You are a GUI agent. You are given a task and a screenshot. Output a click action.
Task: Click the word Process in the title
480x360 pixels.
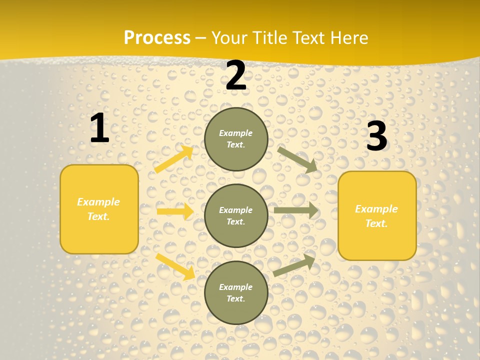(157, 38)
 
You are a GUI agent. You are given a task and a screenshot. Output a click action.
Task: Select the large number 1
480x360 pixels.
(99, 128)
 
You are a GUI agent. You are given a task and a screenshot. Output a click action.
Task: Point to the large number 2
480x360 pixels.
(236, 75)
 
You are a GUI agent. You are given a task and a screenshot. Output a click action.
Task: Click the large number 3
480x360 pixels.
(376, 136)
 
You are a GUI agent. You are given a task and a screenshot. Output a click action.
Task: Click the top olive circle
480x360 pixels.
(236, 139)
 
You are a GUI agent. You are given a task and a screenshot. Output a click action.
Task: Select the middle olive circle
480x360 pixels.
(236, 215)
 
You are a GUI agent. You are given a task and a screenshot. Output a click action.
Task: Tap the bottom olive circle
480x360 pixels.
(236, 292)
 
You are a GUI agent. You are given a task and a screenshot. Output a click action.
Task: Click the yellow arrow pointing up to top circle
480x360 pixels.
(173, 159)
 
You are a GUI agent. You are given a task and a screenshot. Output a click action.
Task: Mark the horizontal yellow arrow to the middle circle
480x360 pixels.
(175, 211)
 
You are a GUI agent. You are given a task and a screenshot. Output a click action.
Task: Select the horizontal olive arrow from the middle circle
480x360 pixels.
(296, 210)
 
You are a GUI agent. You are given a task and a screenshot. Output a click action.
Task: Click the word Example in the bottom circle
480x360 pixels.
(236, 287)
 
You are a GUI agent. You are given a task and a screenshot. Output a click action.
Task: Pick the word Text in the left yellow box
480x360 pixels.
(98, 216)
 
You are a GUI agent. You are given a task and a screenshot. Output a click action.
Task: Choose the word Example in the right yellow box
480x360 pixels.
(376, 209)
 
